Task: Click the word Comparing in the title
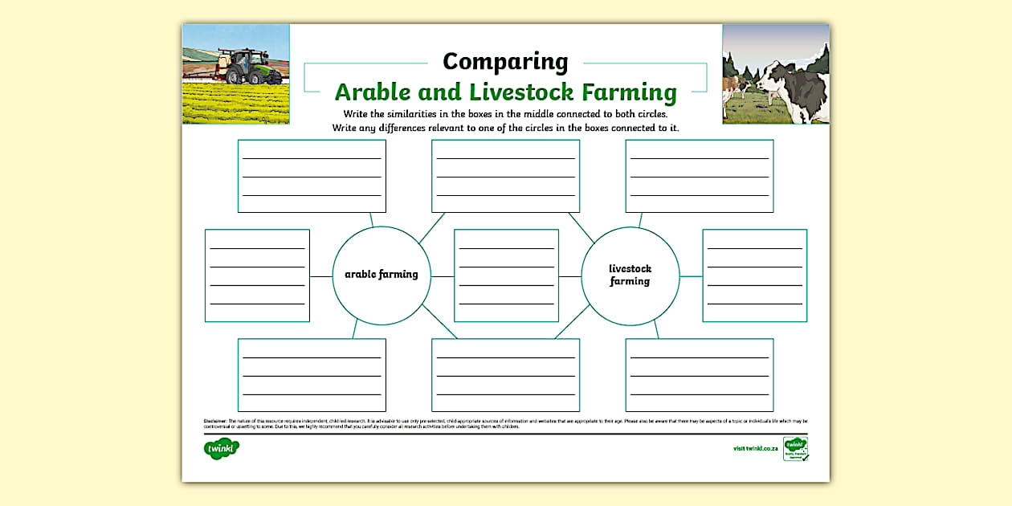pyautogui.click(x=505, y=62)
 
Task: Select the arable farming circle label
pyautogui.click(x=382, y=275)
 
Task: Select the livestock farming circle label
pyautogui.click(x=630, y=275)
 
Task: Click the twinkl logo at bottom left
pyautogui.click(x=221, y=448)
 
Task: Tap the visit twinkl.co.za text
pyautogui.click(x=755, y=448)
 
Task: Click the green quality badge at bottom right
pyautogui.click(x=795, y=448)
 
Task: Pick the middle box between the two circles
pyautogui.click(x=506, y=275)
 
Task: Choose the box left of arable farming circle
pyautogui.click(x=257, y=275)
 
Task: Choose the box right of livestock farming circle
pyautogui.click(x=754, y=275)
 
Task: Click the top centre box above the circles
pyautogui.click(x=505, y=176)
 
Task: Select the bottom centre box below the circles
pyautogui.click(x=505, y=375)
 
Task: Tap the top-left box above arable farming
pyautogui.click(x=312, y=176)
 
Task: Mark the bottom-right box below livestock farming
pyautogui.click(x=699, y=375)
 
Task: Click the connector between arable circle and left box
pyautogui.click(x=321, y=276)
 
